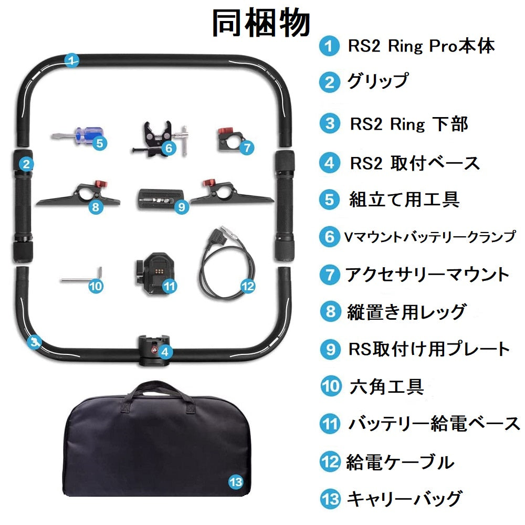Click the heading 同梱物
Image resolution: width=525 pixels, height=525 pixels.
coord(261,23)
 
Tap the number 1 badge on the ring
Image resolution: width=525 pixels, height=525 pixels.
coord(72,59)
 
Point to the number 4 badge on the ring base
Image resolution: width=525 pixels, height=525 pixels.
coord(165,352)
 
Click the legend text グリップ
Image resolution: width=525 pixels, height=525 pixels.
coord(377,82)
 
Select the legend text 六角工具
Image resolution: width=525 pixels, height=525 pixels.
coord(386,387)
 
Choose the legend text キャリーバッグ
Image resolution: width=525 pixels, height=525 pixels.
coord(404,498)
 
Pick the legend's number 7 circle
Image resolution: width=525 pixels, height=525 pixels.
coord(330,274)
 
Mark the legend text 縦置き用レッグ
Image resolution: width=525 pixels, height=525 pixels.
coord(406,312)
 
